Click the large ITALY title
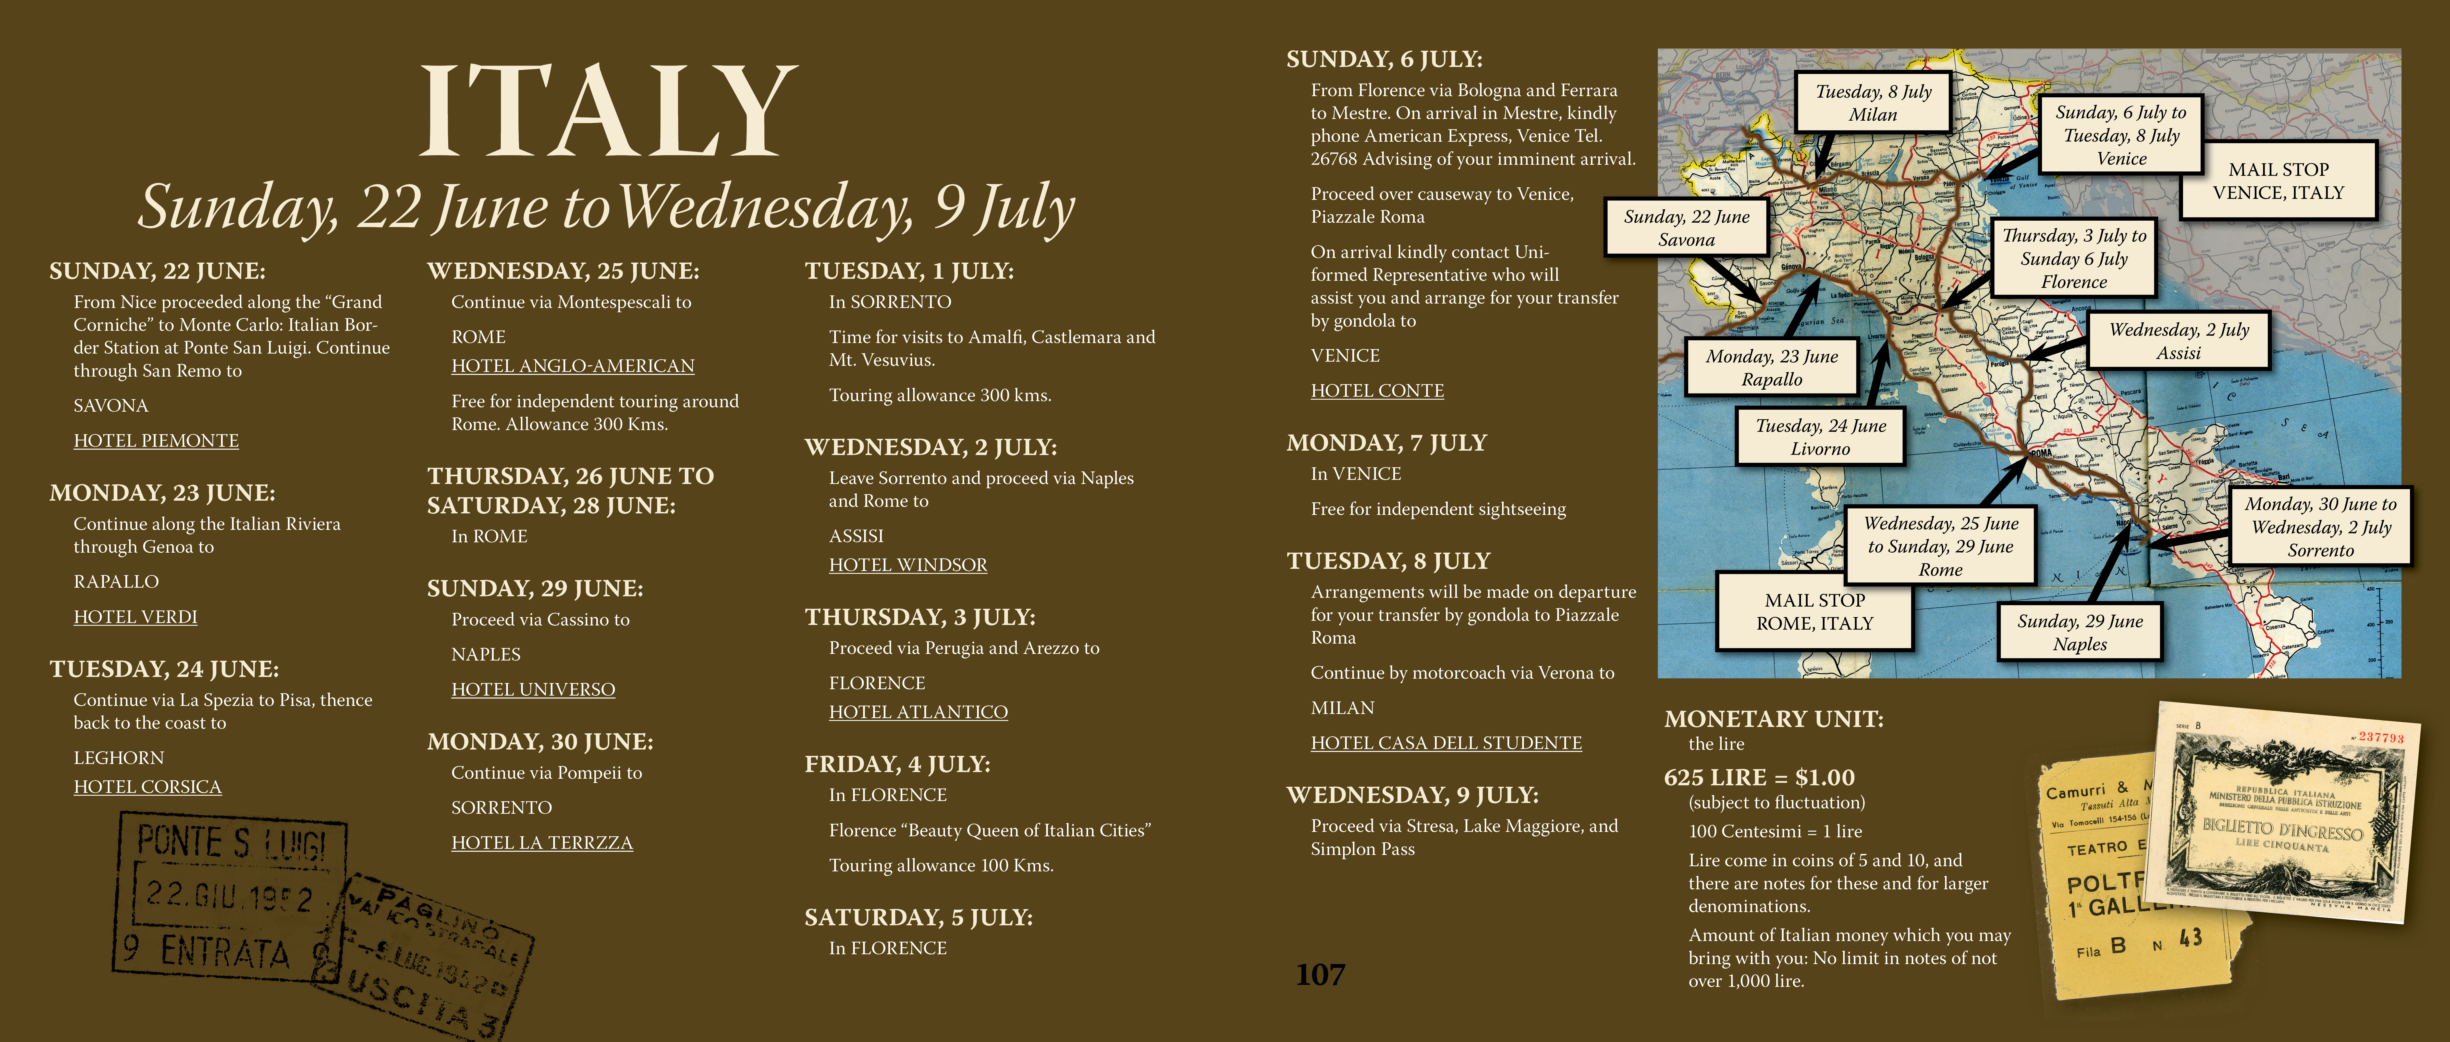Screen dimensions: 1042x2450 [x=609, y=111]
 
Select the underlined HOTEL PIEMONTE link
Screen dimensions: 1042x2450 [x=156, y=441]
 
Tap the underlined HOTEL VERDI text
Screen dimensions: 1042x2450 [x=135, y=617]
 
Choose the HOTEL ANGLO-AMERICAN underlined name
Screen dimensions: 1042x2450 [x=573, y=365]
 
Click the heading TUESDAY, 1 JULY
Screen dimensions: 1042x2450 [x=909, y=271]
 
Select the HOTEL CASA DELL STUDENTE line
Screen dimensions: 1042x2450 [x=1446, y=742]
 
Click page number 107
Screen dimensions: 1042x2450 [x=1320, y=974]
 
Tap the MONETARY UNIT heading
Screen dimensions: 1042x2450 [x=1773, y=718]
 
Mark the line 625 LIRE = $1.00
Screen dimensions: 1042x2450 [x=1759, y=777]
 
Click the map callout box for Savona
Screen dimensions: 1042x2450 [x=1686, y=228]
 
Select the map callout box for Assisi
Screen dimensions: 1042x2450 [x=2178, y=341]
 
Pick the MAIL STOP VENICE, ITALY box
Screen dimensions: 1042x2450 [x=2278, y=181]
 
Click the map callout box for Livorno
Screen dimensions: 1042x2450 [x=1820, y=437]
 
